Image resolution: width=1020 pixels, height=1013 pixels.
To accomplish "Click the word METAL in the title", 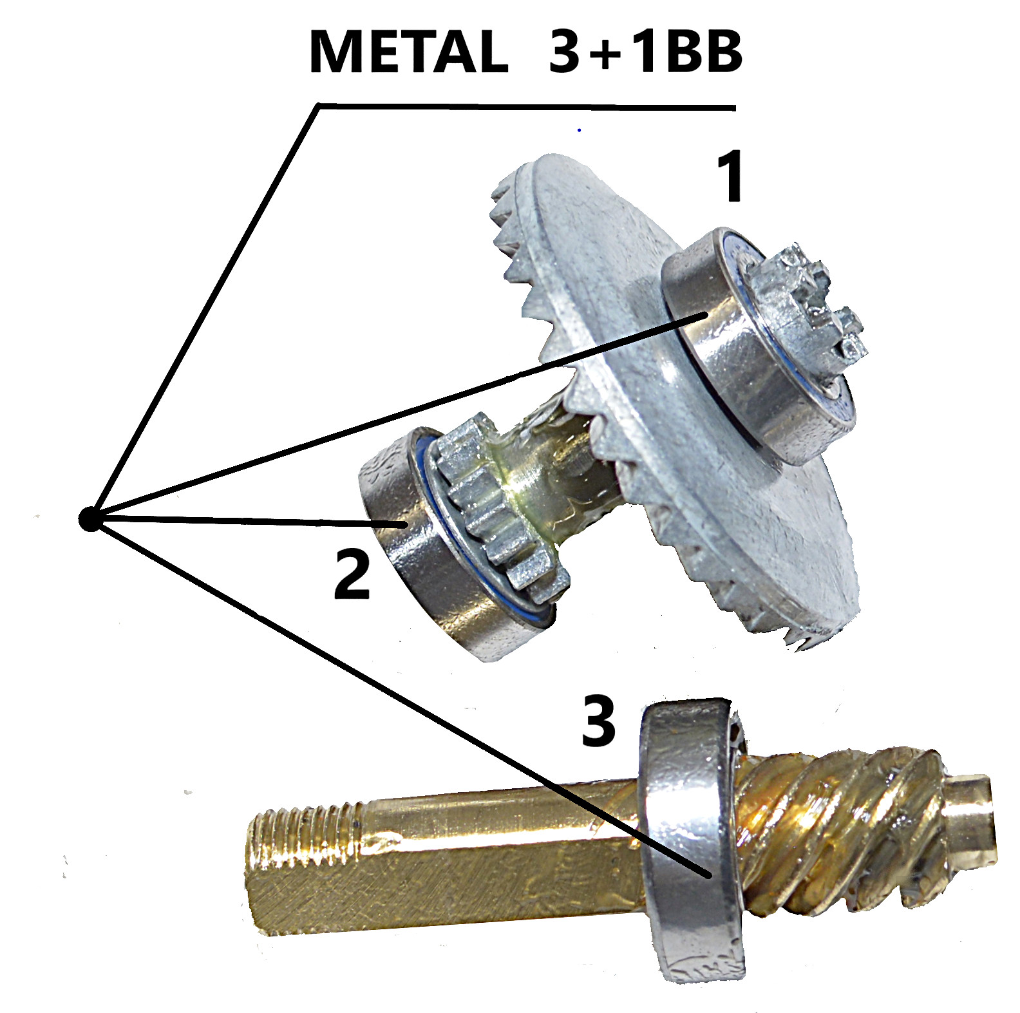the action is click(408, 52).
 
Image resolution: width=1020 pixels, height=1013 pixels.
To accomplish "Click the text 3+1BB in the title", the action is click(646, 52).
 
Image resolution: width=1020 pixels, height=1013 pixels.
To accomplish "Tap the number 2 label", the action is click(352, 574).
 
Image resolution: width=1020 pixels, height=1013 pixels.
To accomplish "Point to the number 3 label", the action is click(599, 721).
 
